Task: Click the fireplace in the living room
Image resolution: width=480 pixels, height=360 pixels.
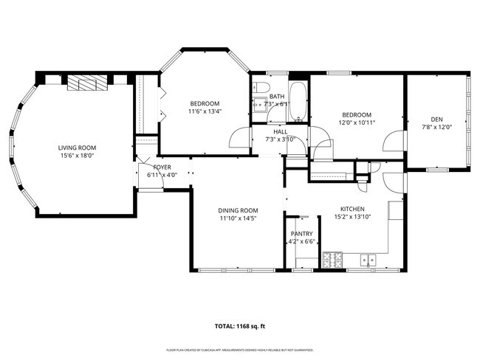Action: [x=87, y=83]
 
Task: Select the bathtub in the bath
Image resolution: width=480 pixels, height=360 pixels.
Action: [x=298, y=102]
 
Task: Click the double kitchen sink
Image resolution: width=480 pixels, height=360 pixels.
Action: [x=367, y=260]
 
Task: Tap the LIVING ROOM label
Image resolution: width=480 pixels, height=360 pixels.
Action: [x=78, y=148]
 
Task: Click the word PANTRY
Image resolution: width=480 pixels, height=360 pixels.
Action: [x=301, y=234]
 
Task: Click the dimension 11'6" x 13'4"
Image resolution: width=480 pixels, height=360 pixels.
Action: [x=205, y=111]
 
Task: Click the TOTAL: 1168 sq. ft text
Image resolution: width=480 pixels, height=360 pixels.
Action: [x=239, y=325]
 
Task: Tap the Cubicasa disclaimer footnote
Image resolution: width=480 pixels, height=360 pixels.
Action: [x=239, y=350]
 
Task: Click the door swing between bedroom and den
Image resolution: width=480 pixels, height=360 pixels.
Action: [x=397, y=142]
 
